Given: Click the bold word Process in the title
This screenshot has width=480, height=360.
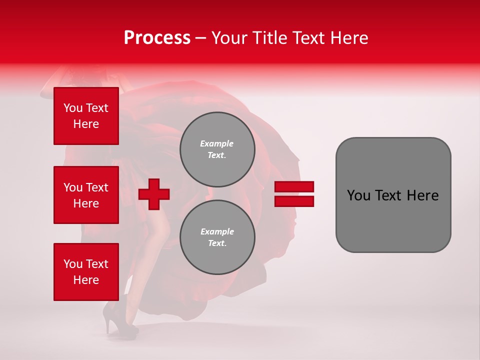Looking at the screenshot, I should tap(157, 38).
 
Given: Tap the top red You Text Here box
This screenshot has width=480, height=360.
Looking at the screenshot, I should tap(86, 116).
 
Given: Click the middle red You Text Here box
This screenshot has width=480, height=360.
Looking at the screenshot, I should tap(86, 195).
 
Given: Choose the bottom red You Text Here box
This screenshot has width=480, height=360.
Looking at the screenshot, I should tap(86, 271).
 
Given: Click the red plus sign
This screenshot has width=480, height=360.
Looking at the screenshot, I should tap(154, 194).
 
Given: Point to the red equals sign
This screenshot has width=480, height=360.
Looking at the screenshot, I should tap(294, 194).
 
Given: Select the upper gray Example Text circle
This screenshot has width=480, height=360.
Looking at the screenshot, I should tap(217, 149).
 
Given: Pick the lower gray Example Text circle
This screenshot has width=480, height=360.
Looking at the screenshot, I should tap(217, 237).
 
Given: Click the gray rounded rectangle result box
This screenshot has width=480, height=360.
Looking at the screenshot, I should tap(393, 195).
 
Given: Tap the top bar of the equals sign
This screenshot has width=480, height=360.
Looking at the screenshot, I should tap(294, 187).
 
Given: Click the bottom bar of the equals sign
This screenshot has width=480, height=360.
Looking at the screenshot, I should tap(294, 201).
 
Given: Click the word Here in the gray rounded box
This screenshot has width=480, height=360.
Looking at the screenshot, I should tap(422, 195).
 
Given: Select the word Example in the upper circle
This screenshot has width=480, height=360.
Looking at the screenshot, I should tap(217, 143).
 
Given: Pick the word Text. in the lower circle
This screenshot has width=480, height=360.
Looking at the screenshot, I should tap(217, 243).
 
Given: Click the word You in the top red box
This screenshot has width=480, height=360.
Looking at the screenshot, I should tap(73, 108).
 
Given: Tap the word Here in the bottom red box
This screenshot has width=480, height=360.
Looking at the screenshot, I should tap(86, 280).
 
